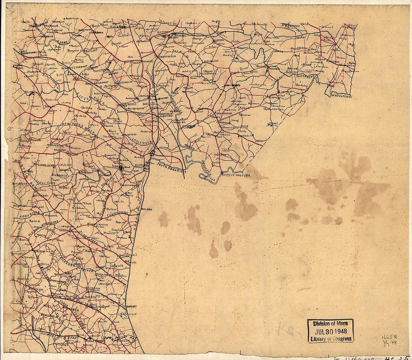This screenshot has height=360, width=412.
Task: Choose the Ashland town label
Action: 147,209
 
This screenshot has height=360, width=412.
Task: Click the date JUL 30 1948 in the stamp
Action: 330,331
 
